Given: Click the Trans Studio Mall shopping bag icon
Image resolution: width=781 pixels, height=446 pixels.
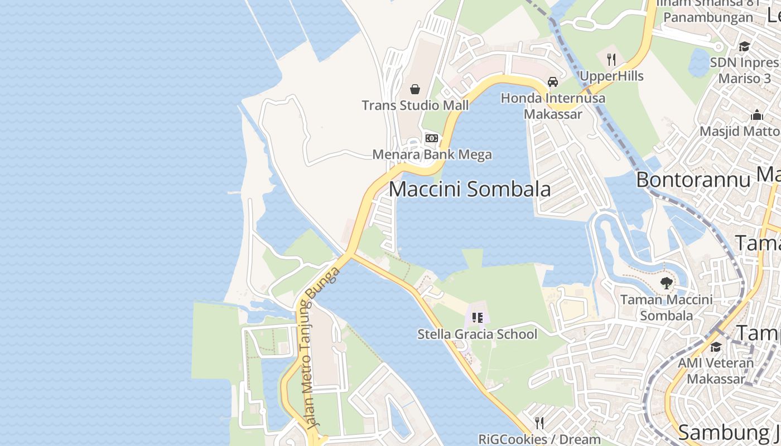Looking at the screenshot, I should pos(415,89).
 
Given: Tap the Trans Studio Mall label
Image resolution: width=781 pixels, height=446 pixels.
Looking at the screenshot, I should pos(415,105).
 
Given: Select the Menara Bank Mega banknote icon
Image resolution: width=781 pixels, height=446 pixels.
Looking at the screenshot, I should pos(432,138).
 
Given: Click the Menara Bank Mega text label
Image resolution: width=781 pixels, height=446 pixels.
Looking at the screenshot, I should pos(432,154).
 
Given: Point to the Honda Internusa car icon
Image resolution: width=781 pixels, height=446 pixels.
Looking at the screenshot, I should pos(553,82).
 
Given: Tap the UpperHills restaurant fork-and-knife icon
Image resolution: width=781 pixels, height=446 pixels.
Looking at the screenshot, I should pos(611,60).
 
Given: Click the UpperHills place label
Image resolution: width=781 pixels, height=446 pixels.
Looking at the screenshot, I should pos(611,76).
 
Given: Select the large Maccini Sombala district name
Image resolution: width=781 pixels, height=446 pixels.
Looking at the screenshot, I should pos(469,189).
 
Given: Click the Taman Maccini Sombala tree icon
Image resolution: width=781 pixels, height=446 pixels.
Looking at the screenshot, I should pos(666,283).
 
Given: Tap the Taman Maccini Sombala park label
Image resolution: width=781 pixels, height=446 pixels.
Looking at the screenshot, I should pos(666,307).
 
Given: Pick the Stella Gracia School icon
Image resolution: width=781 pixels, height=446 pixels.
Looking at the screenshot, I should pos(477,318).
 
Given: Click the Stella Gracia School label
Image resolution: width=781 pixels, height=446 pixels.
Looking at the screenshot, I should pos(477,334).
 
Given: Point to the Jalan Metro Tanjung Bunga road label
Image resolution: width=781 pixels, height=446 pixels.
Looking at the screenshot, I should pos(318,347).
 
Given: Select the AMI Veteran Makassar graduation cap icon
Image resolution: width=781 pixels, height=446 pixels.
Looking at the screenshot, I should pos(716,347).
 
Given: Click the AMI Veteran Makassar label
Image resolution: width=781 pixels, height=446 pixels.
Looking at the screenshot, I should pos(716,371).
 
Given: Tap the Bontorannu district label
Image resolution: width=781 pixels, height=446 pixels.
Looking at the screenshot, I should pos(693,180).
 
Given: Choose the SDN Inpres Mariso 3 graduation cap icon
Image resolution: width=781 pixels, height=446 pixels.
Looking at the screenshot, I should pos(744,46).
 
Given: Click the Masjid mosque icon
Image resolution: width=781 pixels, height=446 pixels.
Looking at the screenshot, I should pos(757,115).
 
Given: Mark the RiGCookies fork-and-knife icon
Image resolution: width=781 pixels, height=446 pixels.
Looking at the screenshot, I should pos(539,423).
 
